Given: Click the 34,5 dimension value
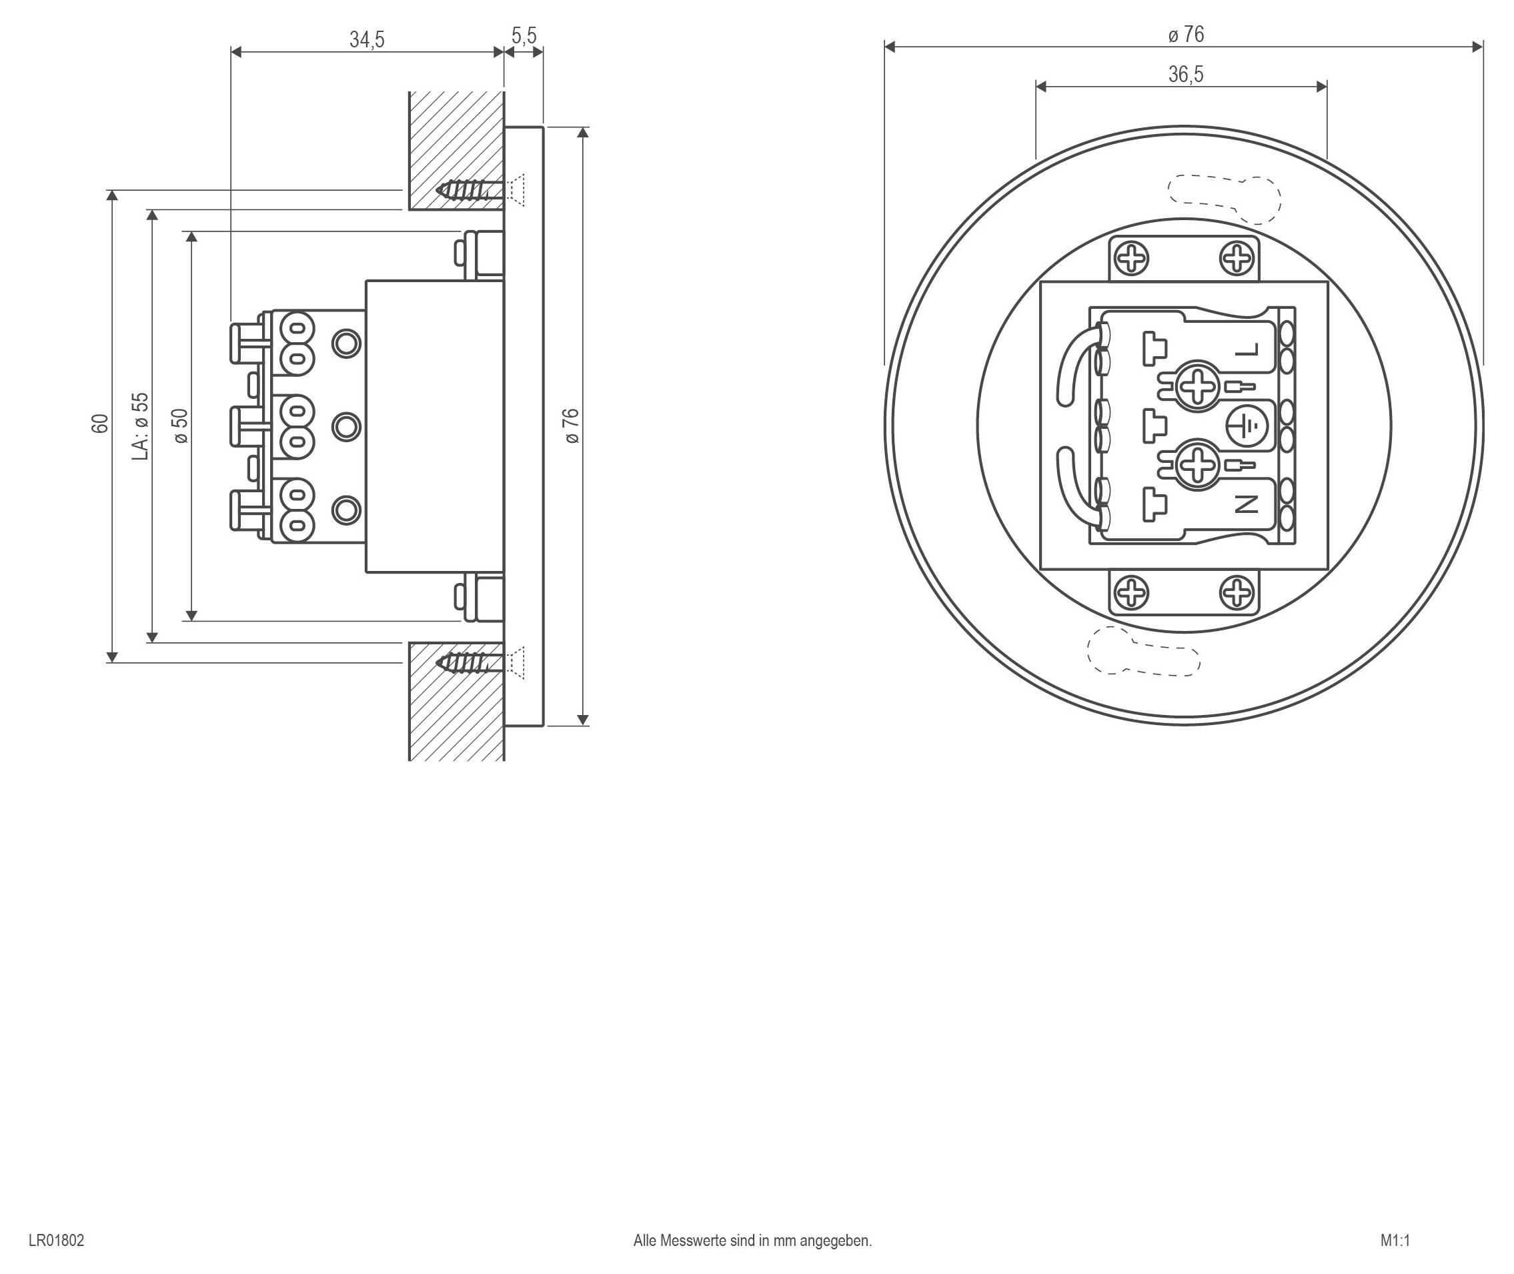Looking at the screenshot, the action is point(367,40).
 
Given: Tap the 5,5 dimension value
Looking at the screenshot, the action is point(524,35).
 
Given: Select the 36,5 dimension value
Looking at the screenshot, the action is point(1185,75).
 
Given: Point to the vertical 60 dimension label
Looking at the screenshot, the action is point(100,424).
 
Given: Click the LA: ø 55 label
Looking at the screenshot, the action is point(141,426).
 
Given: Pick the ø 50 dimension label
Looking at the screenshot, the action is point(181,426).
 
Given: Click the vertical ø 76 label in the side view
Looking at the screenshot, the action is point(571,426).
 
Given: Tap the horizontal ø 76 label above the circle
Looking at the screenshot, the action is point(1185,35).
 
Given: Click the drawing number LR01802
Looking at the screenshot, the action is point(56,1240).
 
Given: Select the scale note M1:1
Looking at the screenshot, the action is point(1395,1240).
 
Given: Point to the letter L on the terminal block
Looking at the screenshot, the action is point(1247,350).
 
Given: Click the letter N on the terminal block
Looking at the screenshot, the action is point(1247,504).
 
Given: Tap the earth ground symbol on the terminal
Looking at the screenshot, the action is point(1246,426).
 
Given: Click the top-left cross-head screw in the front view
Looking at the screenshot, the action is point(1131,259).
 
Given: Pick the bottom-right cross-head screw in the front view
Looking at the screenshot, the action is point(1237,593).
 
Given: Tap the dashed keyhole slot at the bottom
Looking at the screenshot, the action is point(1145,652).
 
